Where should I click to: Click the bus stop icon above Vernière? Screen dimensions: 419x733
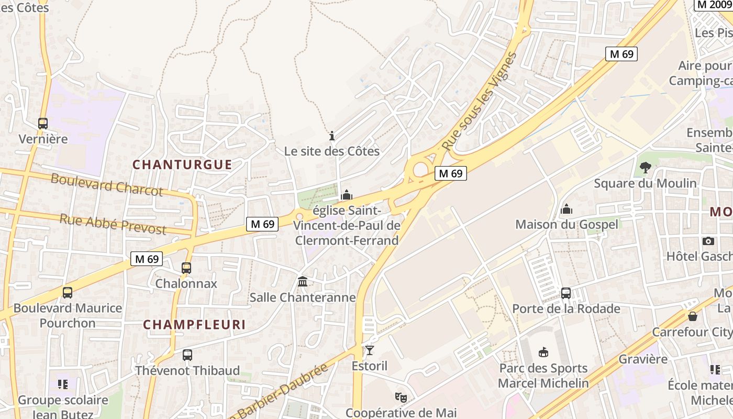click(x=43, y=124)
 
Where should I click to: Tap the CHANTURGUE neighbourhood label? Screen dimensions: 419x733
click(x=182, y=164)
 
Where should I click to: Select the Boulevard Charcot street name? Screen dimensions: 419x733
click(x=107, y=184)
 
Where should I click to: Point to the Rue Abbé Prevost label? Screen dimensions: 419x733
click(x=113, y=224)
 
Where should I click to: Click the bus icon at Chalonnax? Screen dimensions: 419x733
click(x=186, y=268)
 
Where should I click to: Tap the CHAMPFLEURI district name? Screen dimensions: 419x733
click(x=194, y=325)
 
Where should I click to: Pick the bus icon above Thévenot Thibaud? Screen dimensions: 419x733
click(x=187, y=355)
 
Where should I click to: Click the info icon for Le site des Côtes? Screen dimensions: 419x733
click(x=331, y=136)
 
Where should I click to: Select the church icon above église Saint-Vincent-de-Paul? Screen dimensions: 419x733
click(x=347, y=195)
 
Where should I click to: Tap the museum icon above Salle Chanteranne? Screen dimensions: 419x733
click(x=303, y=282)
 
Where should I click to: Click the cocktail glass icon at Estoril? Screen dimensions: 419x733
click(x=370, y=350)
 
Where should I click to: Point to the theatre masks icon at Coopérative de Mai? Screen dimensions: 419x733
click(x=401, y=398)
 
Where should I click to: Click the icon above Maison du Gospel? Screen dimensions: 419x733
click(x=567, y=210)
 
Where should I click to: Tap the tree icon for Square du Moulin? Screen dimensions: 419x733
click(x=645, y=168)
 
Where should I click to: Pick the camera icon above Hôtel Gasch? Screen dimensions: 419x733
click(x=708, y=241)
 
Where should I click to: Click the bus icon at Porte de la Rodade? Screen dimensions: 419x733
click(x=566, y=293)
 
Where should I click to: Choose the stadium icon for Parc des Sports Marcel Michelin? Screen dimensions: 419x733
click(x=543, y=352)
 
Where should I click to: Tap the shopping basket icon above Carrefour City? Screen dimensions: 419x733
click(x=693, y=316)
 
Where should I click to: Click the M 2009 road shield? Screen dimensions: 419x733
click(x=713, y=5)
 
